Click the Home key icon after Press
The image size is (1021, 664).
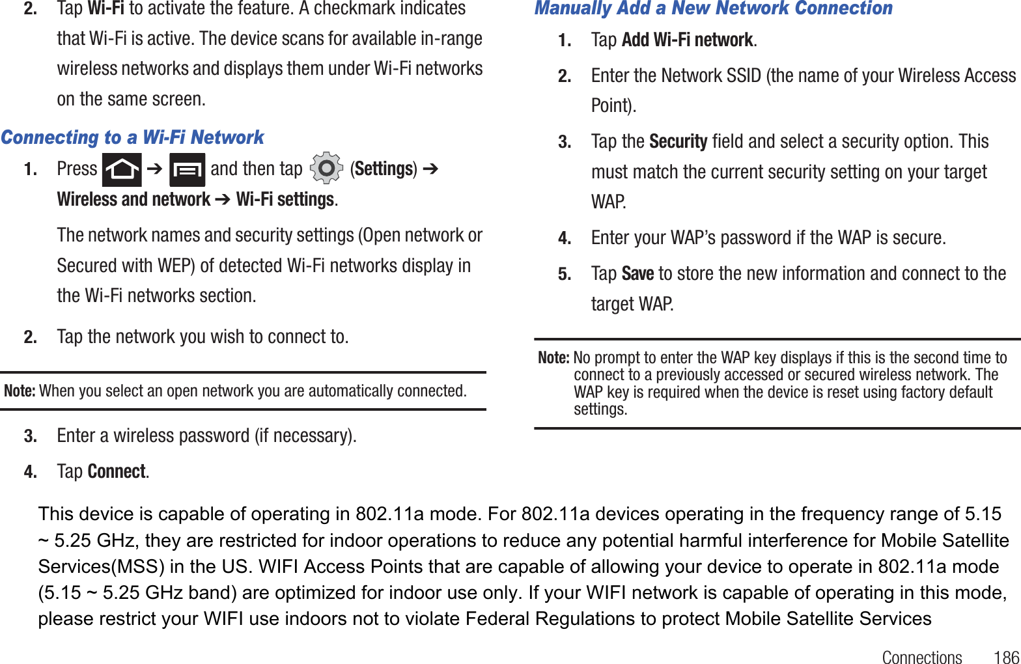click(x=122, y=170)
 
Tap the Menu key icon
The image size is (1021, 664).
click(x=187, y=170)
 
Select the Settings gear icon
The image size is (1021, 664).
click(x=326, y=169)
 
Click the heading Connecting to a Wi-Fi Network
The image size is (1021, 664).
click(x=132, y=137)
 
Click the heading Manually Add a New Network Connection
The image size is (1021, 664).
click(x=713, y=8)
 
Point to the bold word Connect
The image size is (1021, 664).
click(x=117, y=471)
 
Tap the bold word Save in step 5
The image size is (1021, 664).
click(x=637, y=273)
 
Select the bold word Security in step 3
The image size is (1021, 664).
click(x=678, y=141)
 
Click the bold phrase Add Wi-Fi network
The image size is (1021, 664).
click(x=687, y=40)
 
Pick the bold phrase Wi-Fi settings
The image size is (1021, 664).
click(x=285, y=199)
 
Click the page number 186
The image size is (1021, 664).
click(x=1006, y=657)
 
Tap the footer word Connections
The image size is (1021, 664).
click(x=921, y=657)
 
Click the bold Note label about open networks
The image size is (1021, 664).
click(x=20, y=391)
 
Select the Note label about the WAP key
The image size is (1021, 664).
click(x=553, y=357)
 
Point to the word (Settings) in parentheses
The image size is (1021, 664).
click(x=384, y=169)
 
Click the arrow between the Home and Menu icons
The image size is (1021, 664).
click(x=154, y=169)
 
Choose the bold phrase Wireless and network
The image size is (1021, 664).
click(x=133, y=199)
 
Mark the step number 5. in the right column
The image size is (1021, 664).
click(x=565, y=274)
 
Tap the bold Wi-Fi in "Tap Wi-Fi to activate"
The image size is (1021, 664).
click(x=105, y=8)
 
